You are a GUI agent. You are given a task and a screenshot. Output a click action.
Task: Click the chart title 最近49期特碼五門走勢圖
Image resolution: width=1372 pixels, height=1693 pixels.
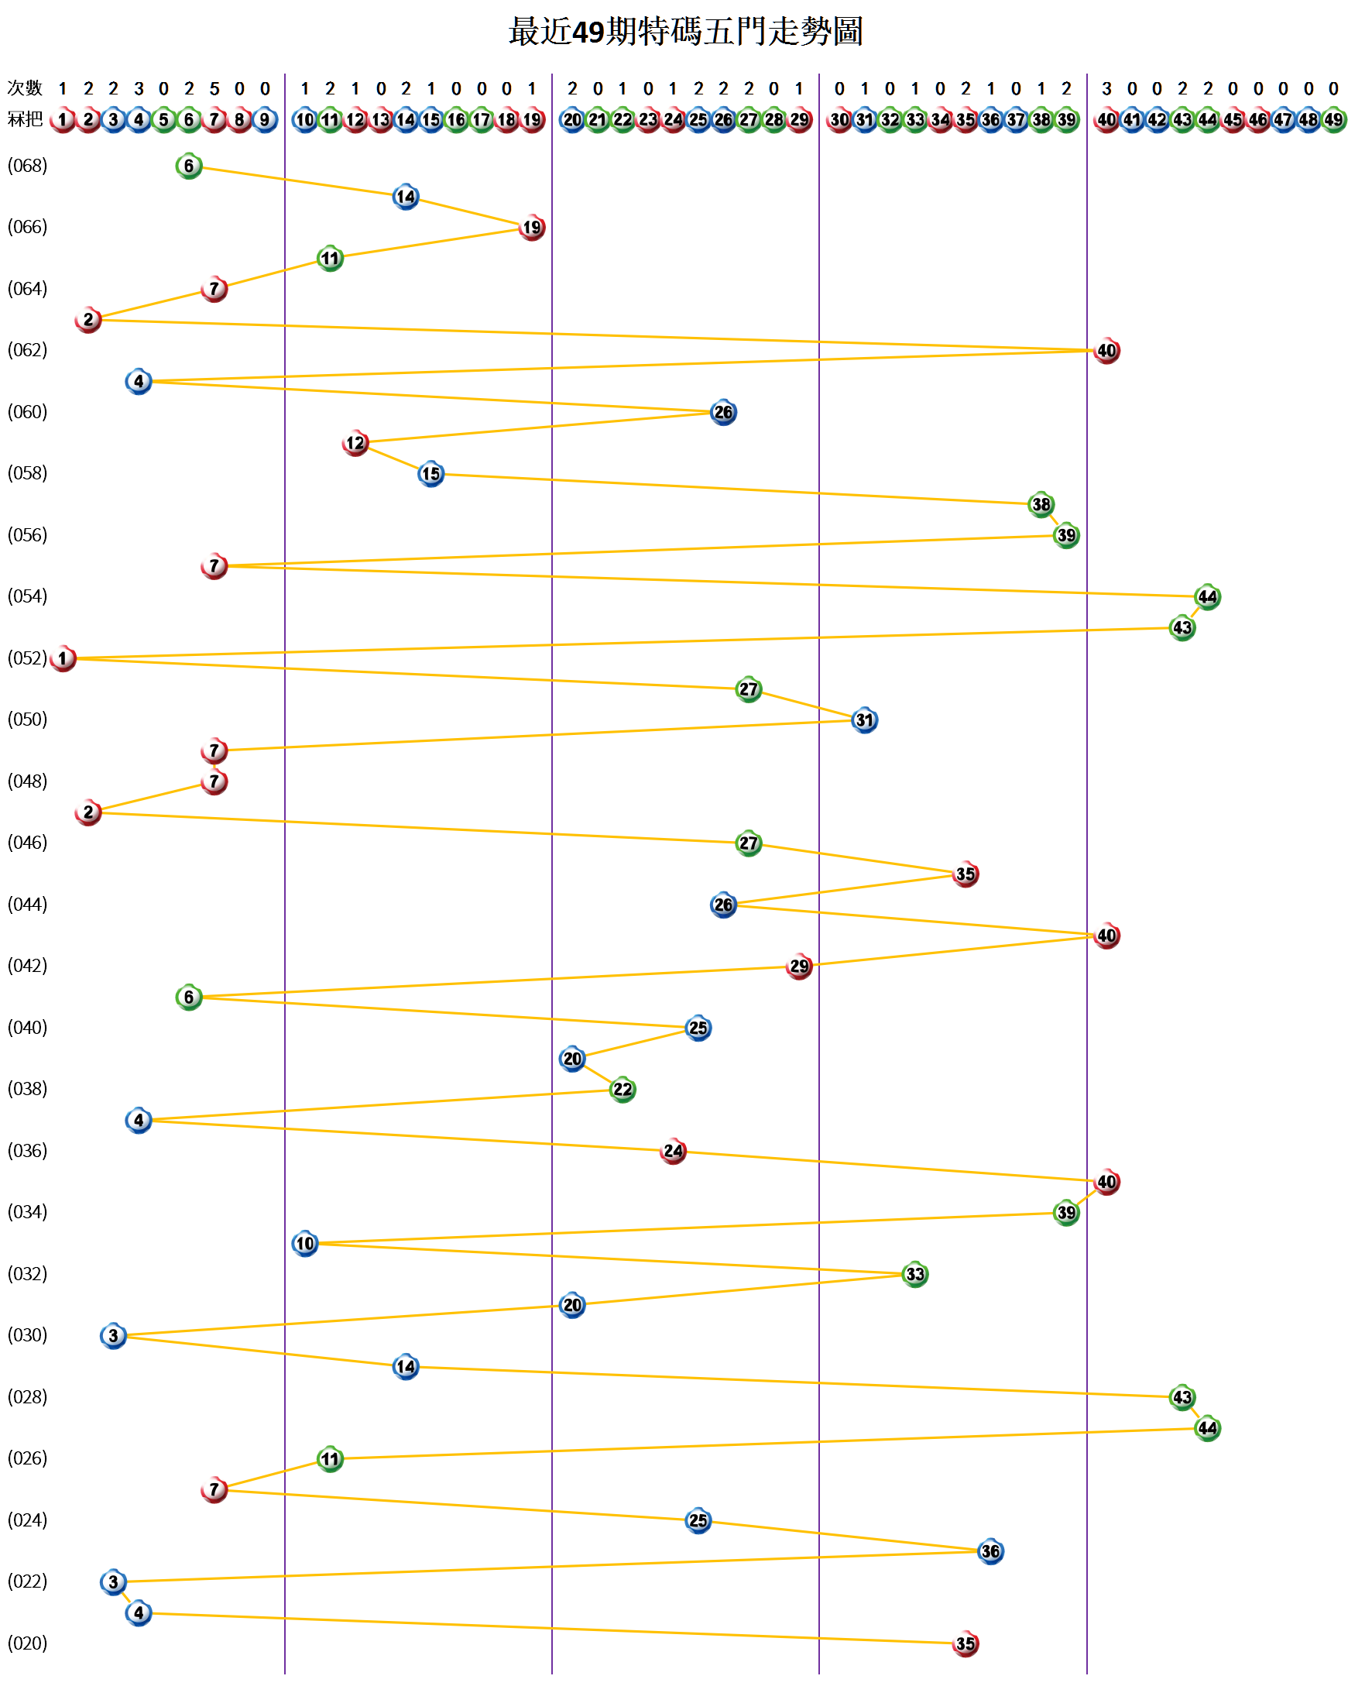[x=685, y=32]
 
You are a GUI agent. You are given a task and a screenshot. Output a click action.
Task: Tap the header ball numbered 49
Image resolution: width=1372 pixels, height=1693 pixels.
[x=1333, y=120]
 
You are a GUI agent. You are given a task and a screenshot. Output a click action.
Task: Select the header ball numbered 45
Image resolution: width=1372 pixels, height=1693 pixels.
[x=1232, y=120]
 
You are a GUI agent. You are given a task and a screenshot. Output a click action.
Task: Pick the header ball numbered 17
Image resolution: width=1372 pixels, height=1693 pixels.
[x=482, y=120]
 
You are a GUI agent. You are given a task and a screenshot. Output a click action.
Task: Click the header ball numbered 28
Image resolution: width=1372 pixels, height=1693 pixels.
[x=773, y=120]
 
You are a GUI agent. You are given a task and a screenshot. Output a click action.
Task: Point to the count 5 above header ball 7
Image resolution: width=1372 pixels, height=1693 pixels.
[x=214, y=88]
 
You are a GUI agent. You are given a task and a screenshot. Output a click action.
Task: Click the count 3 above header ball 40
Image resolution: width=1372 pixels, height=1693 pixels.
[x=1106, y=88]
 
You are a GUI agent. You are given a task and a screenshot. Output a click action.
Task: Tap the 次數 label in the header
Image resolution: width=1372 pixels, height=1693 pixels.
[x=25, y=88]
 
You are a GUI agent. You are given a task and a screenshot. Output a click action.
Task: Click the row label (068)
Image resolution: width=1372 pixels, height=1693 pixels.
[x=28, y=166]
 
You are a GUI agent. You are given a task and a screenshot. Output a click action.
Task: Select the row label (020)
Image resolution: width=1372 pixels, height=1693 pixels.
[x=28, y=1643]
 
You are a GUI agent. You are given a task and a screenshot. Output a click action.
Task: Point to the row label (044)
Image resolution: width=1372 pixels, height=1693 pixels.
[x=28, y=904]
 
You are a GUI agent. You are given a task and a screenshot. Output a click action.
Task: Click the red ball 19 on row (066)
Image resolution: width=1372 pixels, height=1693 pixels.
[x=532, y=228]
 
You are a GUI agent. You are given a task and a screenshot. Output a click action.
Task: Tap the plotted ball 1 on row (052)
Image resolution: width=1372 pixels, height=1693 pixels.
[x=63, y=658]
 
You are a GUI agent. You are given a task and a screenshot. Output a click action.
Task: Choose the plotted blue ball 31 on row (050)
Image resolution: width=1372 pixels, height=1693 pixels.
[x=865, y=720]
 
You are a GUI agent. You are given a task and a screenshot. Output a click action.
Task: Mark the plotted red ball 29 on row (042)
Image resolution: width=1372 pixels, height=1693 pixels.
[x=799, y=966]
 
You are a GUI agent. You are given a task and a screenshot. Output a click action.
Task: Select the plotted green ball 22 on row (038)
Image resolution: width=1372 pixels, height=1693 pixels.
[x=623, y=1089]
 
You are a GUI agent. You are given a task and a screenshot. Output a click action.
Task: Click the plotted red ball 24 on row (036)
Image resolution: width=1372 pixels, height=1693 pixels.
[x=674, y=1151]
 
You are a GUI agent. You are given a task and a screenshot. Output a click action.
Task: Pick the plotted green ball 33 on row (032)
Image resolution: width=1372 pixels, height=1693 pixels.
[x=915, y=1274]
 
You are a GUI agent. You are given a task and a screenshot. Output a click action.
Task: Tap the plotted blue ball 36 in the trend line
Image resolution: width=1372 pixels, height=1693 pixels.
[x=990, y=1551]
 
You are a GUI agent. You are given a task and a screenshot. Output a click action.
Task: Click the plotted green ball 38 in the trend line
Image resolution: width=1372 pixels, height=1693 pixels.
[x=1041, y=504]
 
